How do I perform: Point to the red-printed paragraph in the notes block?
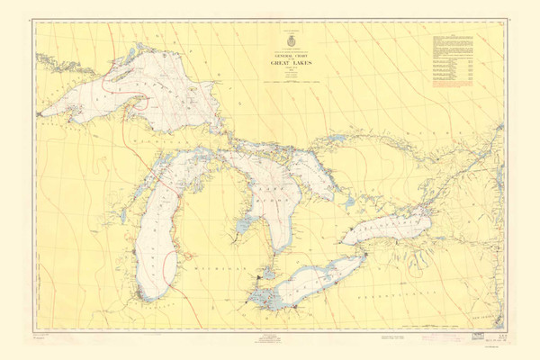click(x=454, y=82)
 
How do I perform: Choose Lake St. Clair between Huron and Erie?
click(x=266, y=270)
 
